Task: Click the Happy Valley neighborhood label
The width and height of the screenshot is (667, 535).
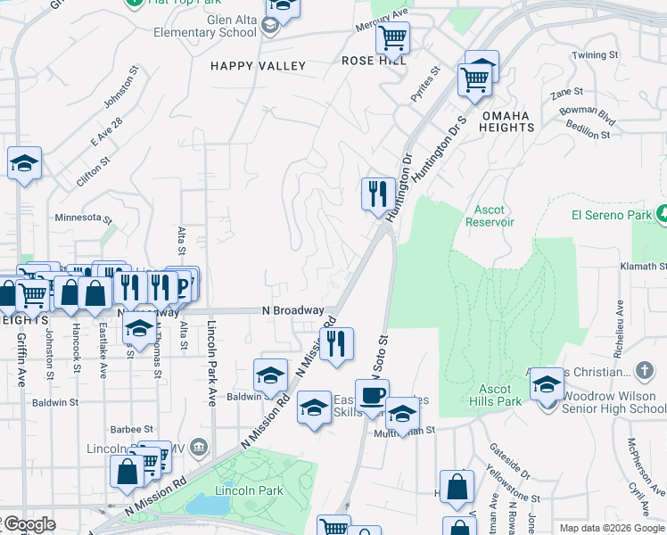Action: click(258, 66)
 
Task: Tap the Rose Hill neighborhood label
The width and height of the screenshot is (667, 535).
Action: click(374, 61)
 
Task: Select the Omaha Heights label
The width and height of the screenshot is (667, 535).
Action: click(507, 121)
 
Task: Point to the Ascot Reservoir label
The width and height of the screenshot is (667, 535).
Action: click(490, 216)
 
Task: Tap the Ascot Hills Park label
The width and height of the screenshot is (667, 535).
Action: click(495, 395)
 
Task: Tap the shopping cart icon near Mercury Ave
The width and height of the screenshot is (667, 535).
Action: click(391, 37)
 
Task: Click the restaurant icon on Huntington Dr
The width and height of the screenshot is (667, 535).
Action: click(378, 192)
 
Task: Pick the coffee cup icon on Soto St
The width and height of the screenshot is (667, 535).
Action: click(372, 394)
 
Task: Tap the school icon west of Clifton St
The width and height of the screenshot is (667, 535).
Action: click(24, 163)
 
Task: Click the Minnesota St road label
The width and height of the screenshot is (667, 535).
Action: click(84, 218)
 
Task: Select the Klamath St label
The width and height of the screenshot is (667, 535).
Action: click(643, 267)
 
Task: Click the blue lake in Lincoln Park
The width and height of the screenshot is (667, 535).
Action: click(207, 505)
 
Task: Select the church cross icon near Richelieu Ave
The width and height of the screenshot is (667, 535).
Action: click(646, 370)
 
